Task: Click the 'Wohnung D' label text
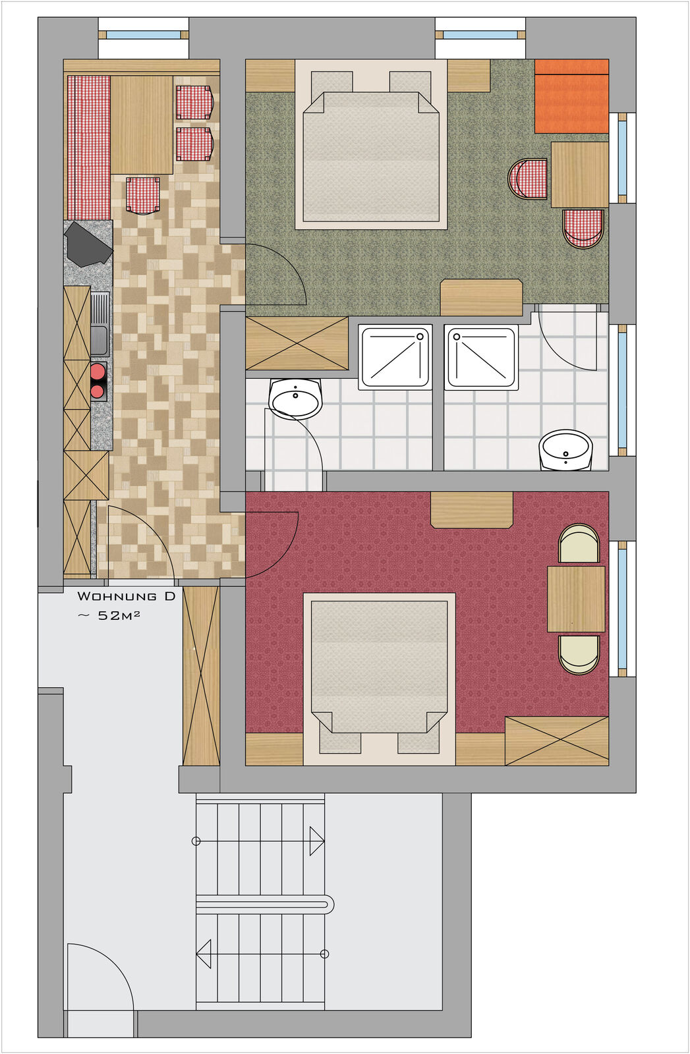coord(126,596)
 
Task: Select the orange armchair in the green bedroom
coord(572,96)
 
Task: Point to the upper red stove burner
coord(98,372)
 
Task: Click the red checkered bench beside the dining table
coord(88,148)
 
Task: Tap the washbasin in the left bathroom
coord(296,399)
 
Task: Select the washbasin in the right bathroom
coord(565,449)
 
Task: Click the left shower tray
coord(395,356)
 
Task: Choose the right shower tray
coord(482,356)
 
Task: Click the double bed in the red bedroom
coord(380,679)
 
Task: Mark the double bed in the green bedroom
coord(371,144)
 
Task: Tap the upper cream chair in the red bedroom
coord(579,543)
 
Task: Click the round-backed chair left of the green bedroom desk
coord(528,179)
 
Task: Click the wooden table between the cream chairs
coord(576,599)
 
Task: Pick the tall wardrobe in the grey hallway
coord(201,676)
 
